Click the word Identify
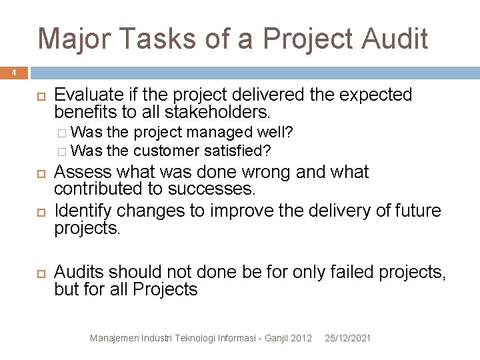(x=85, y=211)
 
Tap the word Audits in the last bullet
(x=79, y=272)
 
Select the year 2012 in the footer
(x=301, y=339)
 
